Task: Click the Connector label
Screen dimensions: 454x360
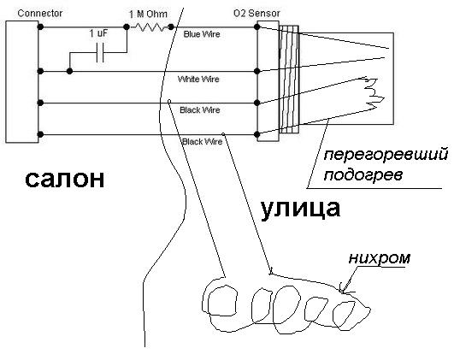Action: click(x=40, y=14)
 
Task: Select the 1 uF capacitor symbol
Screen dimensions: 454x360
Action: click(x=100, y=53)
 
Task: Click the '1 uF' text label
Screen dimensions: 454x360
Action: click(x=98, y=33)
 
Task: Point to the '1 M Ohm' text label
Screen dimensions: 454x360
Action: click(x=148, y=14)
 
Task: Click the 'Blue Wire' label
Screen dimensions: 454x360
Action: click(x=202, y=34)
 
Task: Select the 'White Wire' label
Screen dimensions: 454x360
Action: click(x=198, y=79)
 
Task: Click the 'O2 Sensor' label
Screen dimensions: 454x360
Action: click(x=256, y=14)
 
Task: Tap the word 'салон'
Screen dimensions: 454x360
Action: click(x=65, y=179)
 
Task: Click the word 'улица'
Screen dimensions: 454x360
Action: click(x=301, y=209)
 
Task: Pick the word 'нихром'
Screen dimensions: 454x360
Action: click(x=380, y=258)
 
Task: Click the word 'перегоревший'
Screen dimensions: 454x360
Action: click(x=386, y=156)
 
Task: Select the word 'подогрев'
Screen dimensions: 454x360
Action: click(x=363, y=175)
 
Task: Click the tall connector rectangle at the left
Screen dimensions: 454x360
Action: click(x=22, y=82)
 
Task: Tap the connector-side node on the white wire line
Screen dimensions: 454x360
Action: click(x=40, y=71)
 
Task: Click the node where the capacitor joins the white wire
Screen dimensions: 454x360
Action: click(x=69, y=71)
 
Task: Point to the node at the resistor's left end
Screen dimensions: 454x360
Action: click(x=127, y=27)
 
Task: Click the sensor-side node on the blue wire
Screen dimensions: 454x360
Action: click(x=256, y=27)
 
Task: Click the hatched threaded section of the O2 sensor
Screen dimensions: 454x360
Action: click(x=289, y=79)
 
